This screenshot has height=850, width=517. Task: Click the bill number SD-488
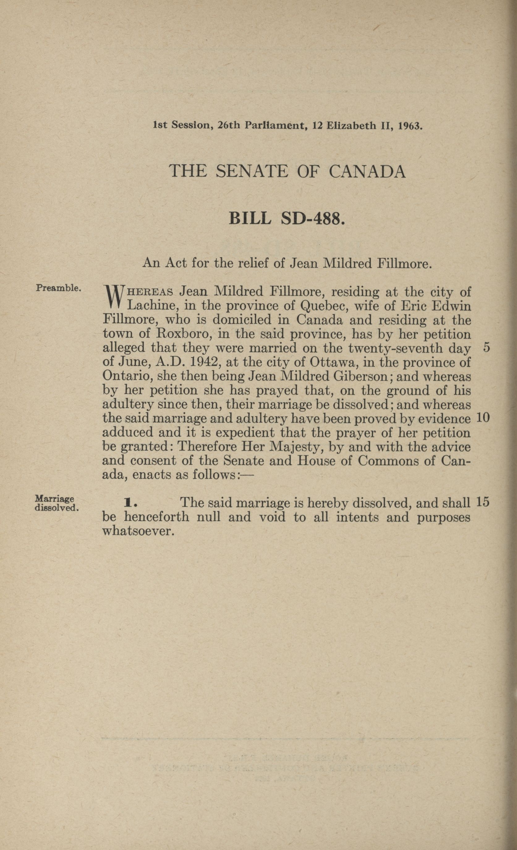[x=313, y=219]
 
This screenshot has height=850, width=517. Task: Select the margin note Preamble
[x=58, y=288]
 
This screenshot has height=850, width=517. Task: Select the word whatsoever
[x=137, y=531]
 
